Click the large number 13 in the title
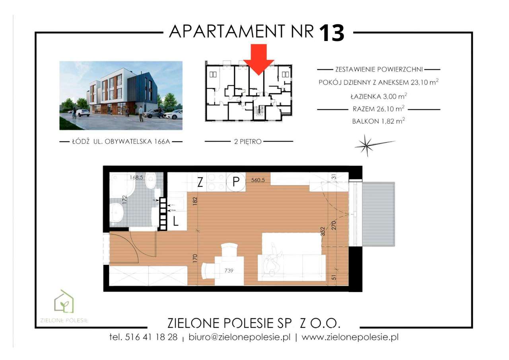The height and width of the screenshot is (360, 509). point(332,33)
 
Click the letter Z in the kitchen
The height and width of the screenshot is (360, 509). point(200,182)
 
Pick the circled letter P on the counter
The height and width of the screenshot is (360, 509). point(236,182)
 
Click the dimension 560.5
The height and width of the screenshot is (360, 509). point(258,180)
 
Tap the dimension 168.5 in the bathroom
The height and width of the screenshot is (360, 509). point(136,177)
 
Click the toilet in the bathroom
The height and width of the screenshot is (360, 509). point(150,181)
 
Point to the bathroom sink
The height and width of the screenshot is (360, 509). point(117,212)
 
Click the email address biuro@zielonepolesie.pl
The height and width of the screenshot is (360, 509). point(239,337)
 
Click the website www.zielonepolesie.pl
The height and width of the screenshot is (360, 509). point(350,337)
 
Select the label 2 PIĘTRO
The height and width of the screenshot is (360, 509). point(248,141)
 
